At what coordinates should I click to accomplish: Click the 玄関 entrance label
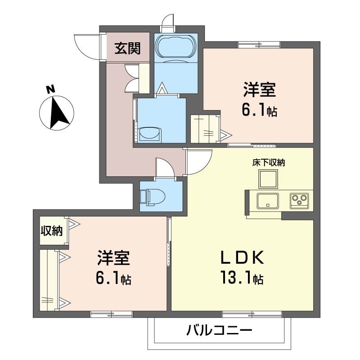tap(127, 49)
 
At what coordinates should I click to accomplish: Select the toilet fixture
tap(153, 197)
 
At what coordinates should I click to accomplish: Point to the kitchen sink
tap(268, 201)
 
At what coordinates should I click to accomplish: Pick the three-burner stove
tap(299, 201)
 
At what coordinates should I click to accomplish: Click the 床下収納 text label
tap(268, 162)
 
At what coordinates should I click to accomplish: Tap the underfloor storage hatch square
tap(268, 179)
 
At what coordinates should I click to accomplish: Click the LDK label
tap(242, 257)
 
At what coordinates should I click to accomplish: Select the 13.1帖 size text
tap(242, 277)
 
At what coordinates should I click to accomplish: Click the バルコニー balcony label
tap(219, 331)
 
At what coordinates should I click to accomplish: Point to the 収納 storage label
tap(52, 230)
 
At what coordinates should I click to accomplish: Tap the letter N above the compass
tap(51, 89)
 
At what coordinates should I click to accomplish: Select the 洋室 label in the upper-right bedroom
tap(260, 90)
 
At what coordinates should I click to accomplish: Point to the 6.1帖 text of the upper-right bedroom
tap(260, 110)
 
